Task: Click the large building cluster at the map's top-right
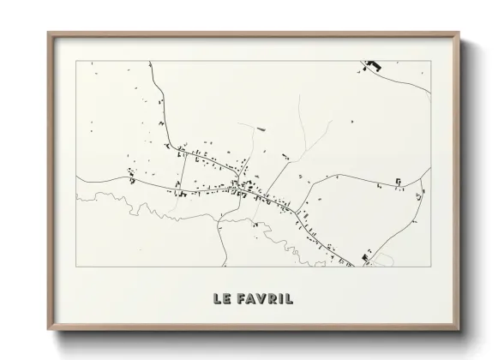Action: [372, 66]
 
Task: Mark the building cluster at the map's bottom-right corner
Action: [366, 257]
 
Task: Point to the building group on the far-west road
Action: [131, 178]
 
